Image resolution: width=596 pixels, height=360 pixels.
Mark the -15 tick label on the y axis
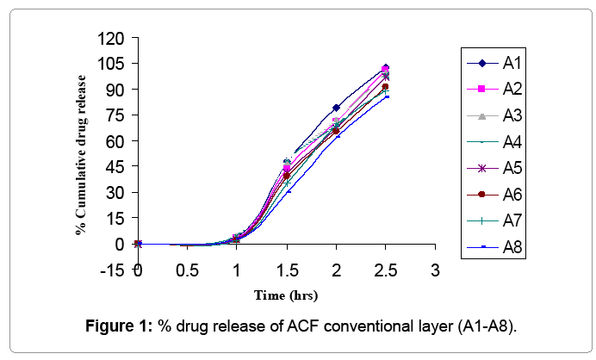[x=112, y=270]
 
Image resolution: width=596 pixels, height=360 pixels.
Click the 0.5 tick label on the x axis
[x=187, y=270]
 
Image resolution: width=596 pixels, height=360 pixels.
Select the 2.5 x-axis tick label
[x=386, y=270]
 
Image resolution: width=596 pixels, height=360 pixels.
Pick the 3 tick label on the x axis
[x=436, y=270]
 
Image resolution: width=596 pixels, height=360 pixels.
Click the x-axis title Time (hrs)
[x=286, y=295]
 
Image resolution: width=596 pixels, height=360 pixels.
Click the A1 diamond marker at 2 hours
[x=336, y=108]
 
